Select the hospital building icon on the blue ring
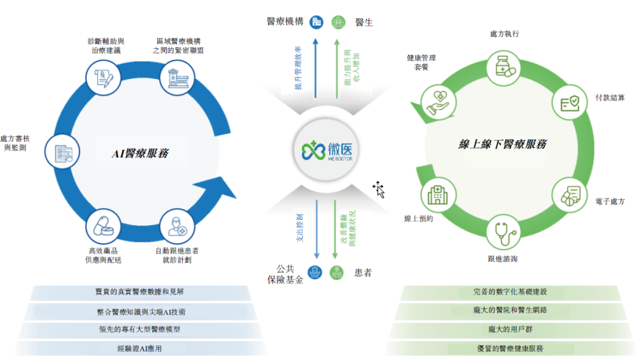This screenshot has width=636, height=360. (177, 77)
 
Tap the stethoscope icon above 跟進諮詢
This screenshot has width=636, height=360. (503, 233)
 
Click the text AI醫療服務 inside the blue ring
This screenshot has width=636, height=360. (141, 153)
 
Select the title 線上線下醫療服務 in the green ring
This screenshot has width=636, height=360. (503, 144)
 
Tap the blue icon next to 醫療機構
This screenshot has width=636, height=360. (317, 22)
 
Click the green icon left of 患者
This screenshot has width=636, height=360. (337, 273)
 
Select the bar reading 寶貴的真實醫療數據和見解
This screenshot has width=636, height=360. (141, 292)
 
